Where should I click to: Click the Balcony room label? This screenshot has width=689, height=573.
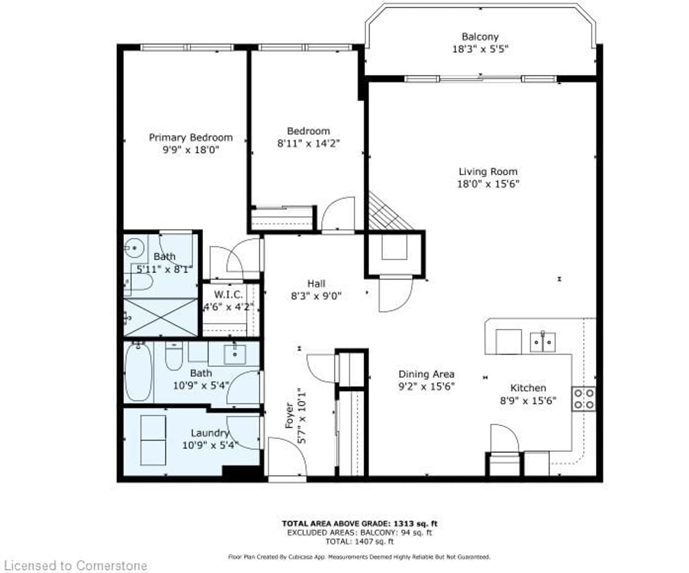point(480,37)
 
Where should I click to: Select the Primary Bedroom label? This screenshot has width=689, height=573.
point(191,137)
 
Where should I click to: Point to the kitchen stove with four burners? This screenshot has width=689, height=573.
point(584,399)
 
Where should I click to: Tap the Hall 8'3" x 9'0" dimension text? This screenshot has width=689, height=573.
point(316,296)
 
